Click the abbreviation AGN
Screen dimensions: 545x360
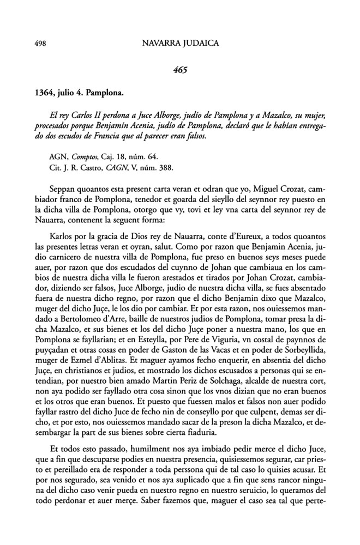tap(57, 156)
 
